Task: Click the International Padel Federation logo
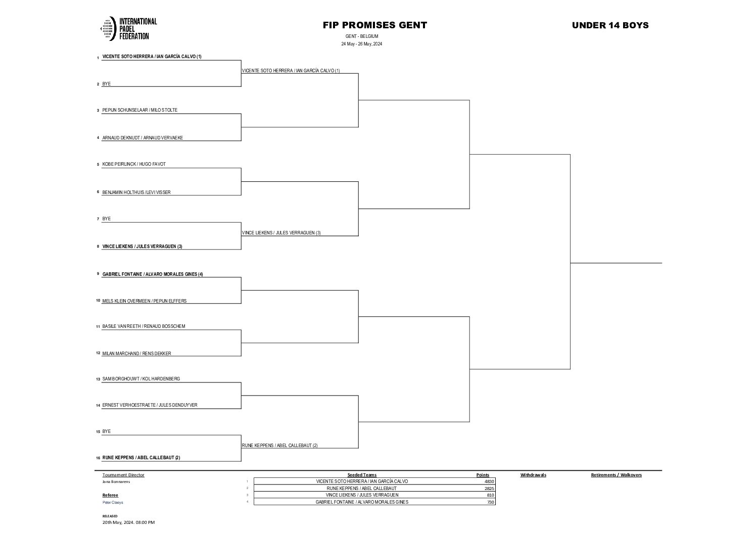coord(129,29)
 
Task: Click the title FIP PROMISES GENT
coord(375,25)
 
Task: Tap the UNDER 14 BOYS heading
coord(610,25)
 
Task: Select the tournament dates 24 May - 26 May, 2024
coord(361,44)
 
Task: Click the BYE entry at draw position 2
coord(107,84)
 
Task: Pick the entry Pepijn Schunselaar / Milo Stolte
coord(140,110)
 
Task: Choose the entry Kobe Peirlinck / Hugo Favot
coord(134,164)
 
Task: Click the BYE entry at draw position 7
coord(107,219)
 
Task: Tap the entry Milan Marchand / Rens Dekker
coord(136,354)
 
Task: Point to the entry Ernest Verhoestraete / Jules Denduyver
coord(150,405)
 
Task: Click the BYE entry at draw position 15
coord(107,431)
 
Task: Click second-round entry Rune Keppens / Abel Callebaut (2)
coord(280,446)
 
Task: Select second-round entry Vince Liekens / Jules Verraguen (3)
coord(281,233)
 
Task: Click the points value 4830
coord(488,481)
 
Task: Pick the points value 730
coord(490,502)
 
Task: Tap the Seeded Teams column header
coord(362,475)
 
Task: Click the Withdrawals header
coord(533,475)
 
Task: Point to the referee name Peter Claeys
coord(113,503)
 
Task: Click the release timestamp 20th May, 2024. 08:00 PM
coord(128,522)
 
